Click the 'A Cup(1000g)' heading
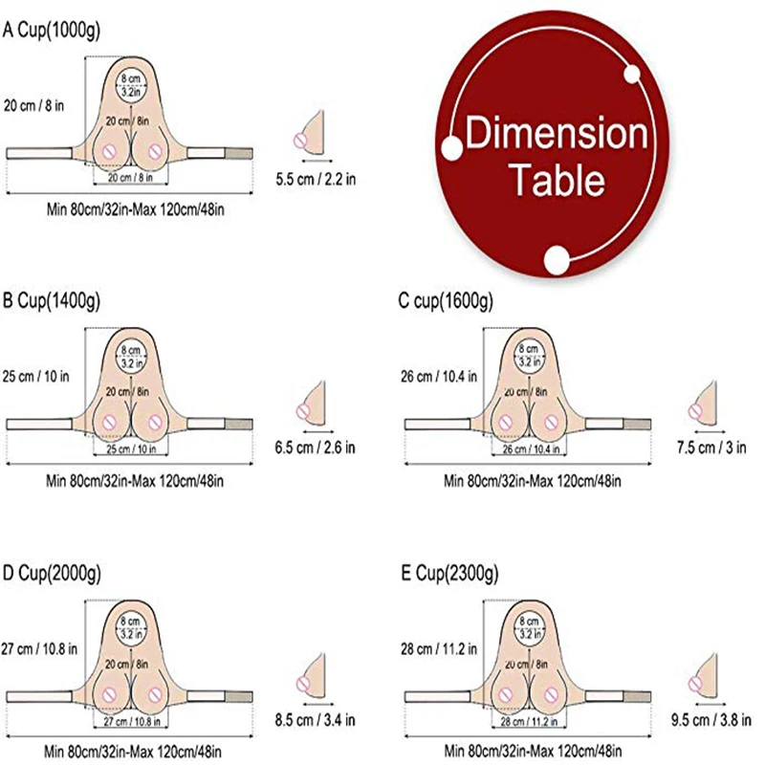coord(52,30)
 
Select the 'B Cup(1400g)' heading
coord(52,303)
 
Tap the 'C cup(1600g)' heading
coord(446,303)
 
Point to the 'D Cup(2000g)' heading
coord(52,574)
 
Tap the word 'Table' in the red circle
coord(556,179)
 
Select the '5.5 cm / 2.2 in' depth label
coord(315,178)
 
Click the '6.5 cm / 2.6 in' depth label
coord(315,448)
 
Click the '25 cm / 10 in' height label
coord(36,376)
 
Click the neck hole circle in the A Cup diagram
coord(131,85)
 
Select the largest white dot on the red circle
coord(557,258)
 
